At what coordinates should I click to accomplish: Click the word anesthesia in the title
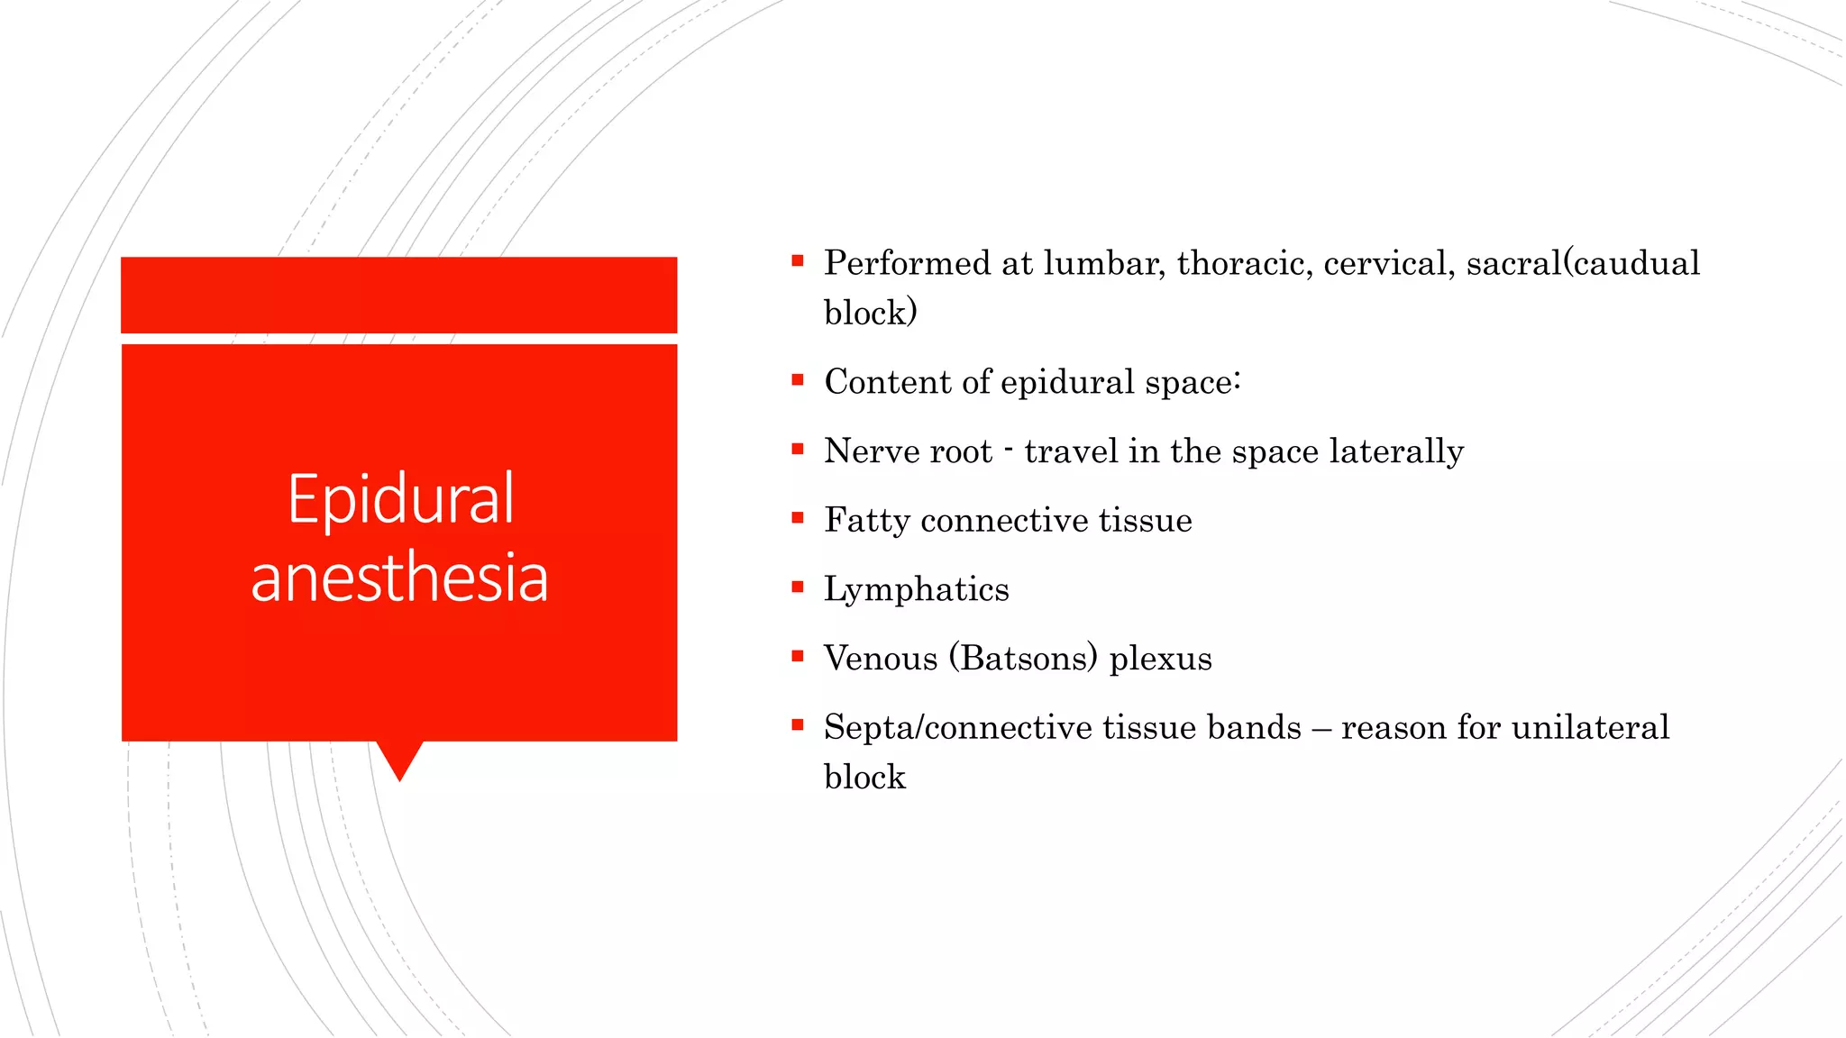[399, 578]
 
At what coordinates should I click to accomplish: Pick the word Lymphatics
[916, 589]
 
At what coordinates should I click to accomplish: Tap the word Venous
[881, 659]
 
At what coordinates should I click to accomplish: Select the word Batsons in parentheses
[1023, 659]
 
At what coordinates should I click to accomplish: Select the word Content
[887, 382]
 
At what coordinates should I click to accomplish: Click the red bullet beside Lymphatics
[798, 587]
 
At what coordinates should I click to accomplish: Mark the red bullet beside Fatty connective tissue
[798, 518]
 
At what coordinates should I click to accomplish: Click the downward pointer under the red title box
[399, 759]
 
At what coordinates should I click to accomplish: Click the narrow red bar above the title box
[399, 295]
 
